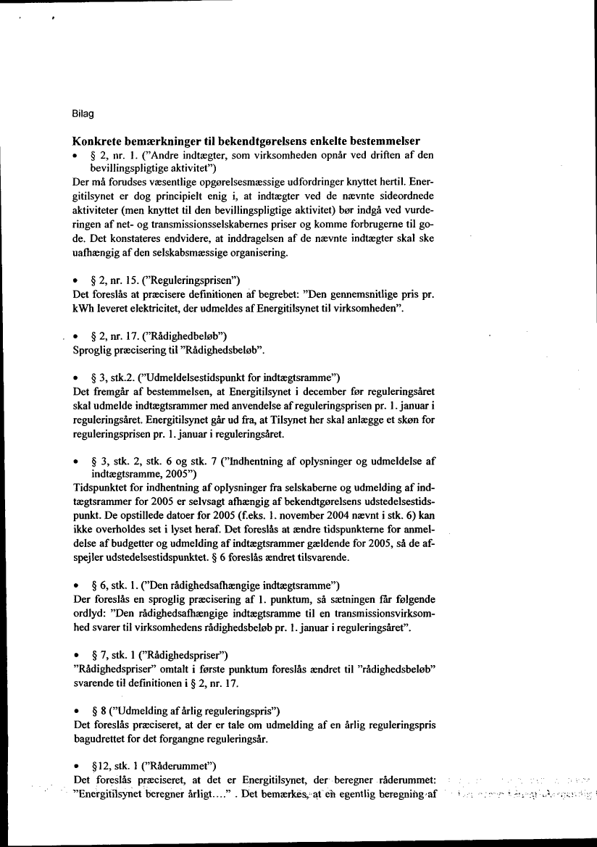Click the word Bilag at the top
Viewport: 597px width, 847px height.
(x=83, y=114)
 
